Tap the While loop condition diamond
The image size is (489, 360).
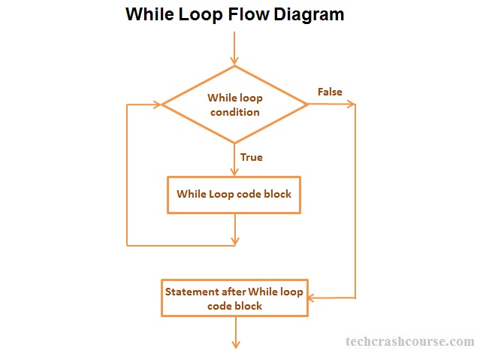coord(235,104)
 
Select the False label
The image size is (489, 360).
coord(330,92)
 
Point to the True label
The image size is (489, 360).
coord(251,157)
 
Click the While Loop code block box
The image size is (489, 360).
coord(234,194)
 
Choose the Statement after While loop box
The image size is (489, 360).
coord(234,298)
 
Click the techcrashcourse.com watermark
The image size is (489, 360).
coord(409,341)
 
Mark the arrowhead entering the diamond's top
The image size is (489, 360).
coord(235,59)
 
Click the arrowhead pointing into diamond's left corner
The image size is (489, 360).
coord(158,104)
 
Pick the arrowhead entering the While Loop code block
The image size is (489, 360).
coord(235,171)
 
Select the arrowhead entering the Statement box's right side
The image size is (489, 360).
coord(312,298)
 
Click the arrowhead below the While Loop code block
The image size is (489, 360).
coord(235,240)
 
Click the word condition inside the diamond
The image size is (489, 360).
coord(234,112)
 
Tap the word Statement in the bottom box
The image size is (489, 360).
coord(191,292)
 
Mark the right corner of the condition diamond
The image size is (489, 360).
coord(307,104)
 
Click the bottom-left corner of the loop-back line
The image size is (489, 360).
coord(128,245)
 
